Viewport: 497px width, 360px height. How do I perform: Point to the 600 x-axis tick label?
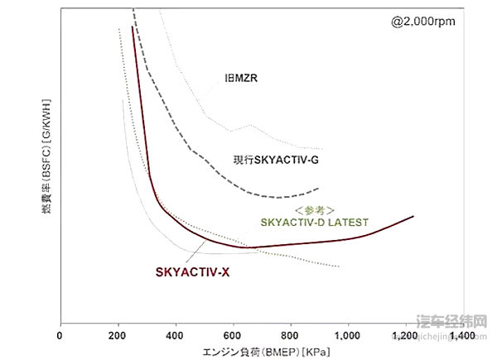pos(233,337)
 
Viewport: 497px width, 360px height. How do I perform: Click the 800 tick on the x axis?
pos(291,337)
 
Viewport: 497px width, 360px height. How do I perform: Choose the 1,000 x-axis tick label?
pos(348,337)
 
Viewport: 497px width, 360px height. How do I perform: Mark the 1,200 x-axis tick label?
pos(405,337)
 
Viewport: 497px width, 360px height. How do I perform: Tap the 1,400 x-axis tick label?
pos(462,337)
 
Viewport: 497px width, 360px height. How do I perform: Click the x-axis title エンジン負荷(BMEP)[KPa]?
pos(259,352)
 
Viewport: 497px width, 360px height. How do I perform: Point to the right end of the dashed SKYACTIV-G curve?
pos(320,188)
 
